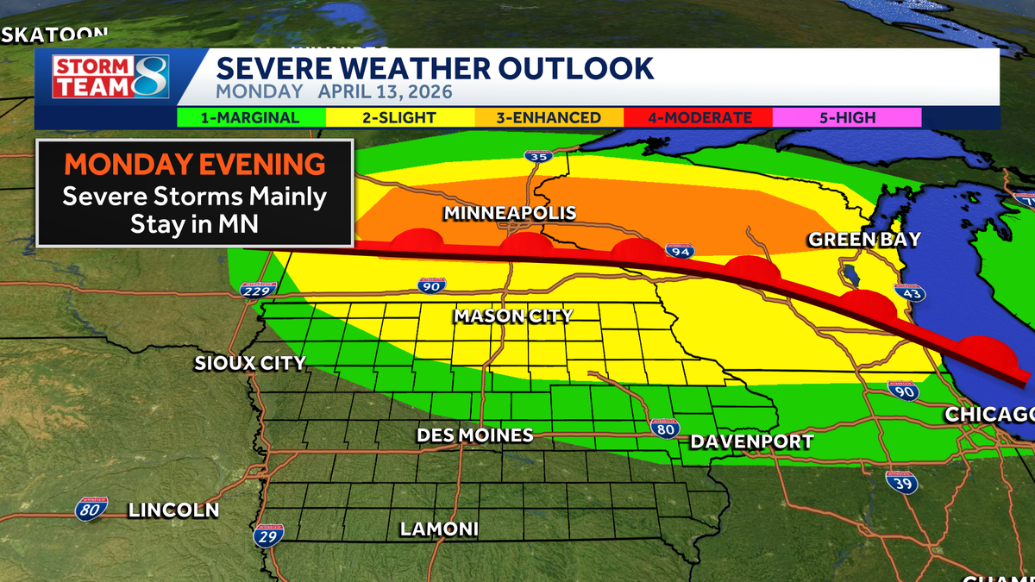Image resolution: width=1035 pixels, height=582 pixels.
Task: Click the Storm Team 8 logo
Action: click(x=110, y=76)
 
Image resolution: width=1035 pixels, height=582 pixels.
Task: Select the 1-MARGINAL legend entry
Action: click(x=250, y=117)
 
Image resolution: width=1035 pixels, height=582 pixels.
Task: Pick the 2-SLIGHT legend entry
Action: click(x=398, y=117)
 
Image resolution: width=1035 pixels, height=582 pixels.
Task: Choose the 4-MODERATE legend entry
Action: click(x=699, y=117)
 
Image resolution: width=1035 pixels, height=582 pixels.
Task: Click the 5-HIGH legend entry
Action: click(x=847, y=117)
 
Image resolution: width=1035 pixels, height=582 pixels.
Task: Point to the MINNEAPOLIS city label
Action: click(x=509, y=213)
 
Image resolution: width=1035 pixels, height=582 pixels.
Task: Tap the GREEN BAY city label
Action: click(x=864, y=240)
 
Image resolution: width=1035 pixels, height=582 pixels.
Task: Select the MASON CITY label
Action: click(x=513, y=316)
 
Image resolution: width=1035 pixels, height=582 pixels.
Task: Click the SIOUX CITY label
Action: click(x=250, y=363)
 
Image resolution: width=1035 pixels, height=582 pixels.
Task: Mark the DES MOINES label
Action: click(x=474, y=435)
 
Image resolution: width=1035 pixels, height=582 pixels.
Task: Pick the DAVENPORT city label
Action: click(x=751, y=442)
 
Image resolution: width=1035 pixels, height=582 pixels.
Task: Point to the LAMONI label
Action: click(x=439, y=529)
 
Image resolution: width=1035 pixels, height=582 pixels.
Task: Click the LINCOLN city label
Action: click(x=173, y=510)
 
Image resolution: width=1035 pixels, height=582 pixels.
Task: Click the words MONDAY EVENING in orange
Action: click(x=195, y=165)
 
